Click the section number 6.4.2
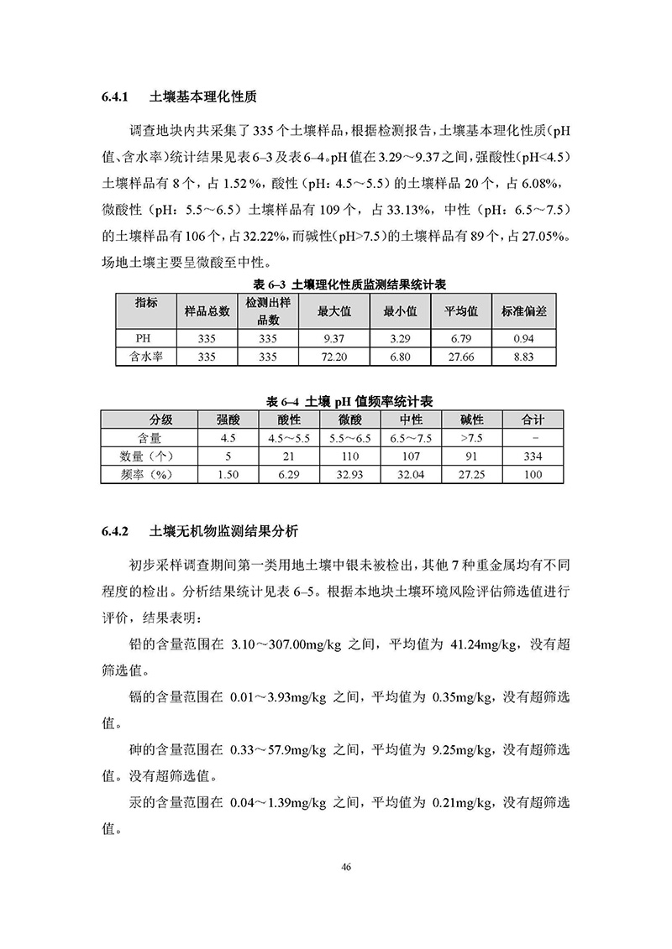[x=113, y=532]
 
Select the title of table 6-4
[x=337, y=401]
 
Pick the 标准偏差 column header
[x=523, y=310]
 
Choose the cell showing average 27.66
[x=461, y=356]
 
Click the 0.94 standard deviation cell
[x=523, y=338]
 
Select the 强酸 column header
[x=228, y=420]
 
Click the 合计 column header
[x=533, y=420]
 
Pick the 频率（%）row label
[x=149, y=475]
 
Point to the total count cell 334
[x=533, y=456]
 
